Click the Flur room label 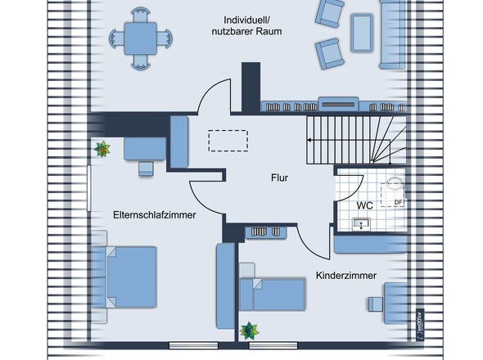pyautogui.click(x=279, y=178)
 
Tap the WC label pyautogui.click(x=365, y=205)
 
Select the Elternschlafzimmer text pyautogui.click(x=155, y=214)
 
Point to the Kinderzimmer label pyautogui.click(x=346, y=275)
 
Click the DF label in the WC pyautogui.click(x=399, y=202)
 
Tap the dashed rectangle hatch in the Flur pyautogui.click(x=228, y=141)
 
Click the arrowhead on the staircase pyautogui.click(x=309, y=140)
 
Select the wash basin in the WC pyautogui.click(x=362, y=223)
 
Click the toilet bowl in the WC pyautogui.click(x=395, y=184)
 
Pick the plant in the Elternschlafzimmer pyautogui.click(x=102, y=149)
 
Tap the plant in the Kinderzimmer pyautogui.click(x=249, y=331)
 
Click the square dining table pyautogui.click(x=141, y=38)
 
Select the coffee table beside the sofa pyautogui.click(x=362, y=33)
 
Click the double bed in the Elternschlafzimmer pyautogui.click(x=124, y=277)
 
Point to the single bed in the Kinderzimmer pyautogui.click(x=273, y=294)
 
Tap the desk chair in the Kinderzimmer pyautogui.click(x=376, y=304)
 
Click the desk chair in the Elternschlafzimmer pyautogui.click(x=146, y=169)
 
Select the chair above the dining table pyautogui.click(x=141, y=15)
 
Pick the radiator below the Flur pyautogui.click(x=266, y=232)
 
